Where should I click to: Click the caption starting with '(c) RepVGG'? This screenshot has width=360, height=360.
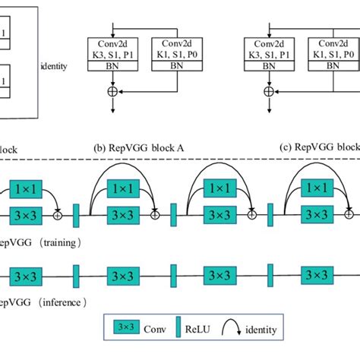point(315,147)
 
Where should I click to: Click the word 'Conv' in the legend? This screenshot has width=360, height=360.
point(156,330)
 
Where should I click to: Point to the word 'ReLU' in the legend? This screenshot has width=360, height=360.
point(201,330)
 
